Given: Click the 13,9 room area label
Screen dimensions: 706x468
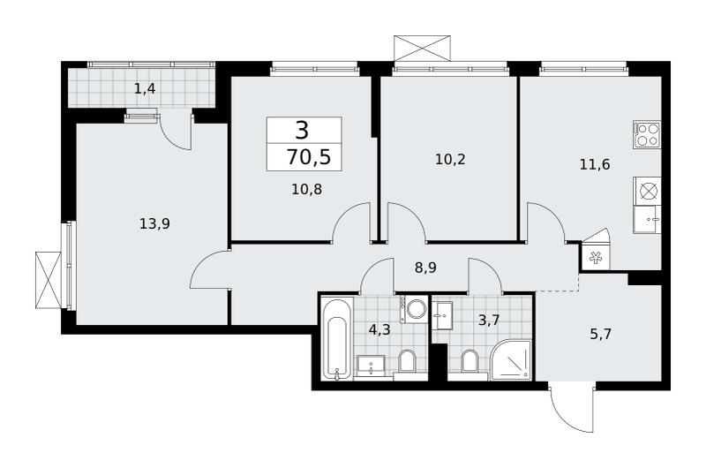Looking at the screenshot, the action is pyautogui.click(x=154, y=223).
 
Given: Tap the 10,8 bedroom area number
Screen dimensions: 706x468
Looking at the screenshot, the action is pyautogui.click(x=306, y=189).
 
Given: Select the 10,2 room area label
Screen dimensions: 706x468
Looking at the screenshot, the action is pyautogui.click(x=450, y=159).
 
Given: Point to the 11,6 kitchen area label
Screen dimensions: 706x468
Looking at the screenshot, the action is pyautogui.click(x=594, y=164).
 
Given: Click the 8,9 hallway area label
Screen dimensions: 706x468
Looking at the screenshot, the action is pyautogui.click(x=425, y=268).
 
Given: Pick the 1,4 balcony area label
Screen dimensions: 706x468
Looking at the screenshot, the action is pyautogui.click(x=145, y=88).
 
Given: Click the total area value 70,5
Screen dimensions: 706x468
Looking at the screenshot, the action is pyautogui.click(x=309, y=158).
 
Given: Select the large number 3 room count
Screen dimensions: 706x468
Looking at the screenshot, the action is pyautogui.click(x=303, y=130).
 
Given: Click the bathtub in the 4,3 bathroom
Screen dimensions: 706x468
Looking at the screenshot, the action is pyautogui.click(x=337, y=338).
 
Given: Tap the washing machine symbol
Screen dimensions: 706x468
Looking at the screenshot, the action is pyautogui.click(x=414, y=308).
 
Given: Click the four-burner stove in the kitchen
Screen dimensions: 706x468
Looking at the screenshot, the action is pyautogui.click(x=647, y=134).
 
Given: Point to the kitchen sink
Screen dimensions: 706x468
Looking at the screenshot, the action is pyautogui.click(x=647, y=219).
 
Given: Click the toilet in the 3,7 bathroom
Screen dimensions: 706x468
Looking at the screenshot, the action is pyautogui.click(x=469, y=362).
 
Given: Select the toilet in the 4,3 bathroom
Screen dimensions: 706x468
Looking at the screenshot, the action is pyautogui.click(x=407, y=362).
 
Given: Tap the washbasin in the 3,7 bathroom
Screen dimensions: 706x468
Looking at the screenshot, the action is pyautogui.click(x=445, y=316).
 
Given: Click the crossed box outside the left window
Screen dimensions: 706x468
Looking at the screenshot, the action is pyautogui.click(x=49, y=280).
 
